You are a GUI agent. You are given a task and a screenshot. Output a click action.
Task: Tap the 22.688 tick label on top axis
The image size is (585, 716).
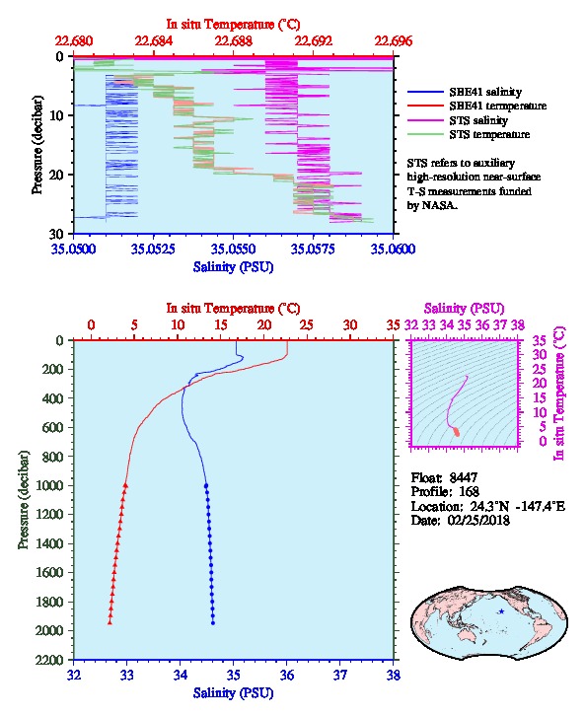click(234, 41)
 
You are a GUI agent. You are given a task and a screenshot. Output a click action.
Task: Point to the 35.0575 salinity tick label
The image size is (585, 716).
click(313, 249)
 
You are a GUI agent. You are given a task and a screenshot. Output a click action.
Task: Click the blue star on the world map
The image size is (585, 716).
click(501, 611)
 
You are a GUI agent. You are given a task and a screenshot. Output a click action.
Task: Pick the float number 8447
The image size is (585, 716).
click(464, 477)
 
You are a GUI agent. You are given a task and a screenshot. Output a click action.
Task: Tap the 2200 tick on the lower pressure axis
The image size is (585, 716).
click(50, 660)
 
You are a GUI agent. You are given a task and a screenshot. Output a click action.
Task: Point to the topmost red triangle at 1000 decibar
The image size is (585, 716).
click(125, 485)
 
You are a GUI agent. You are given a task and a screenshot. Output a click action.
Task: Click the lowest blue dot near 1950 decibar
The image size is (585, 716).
click(213, 623)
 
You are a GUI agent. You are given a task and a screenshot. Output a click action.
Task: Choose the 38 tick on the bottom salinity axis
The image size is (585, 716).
click(394, 675)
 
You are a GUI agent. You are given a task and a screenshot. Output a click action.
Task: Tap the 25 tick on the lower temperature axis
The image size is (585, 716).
click(307, 324)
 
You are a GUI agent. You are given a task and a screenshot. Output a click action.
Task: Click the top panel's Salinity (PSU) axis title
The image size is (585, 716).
click(234, 266)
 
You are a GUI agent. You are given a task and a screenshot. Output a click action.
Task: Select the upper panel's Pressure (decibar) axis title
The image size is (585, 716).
click(37, 145)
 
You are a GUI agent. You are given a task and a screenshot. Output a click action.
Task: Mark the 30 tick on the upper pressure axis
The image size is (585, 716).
click(55, 234)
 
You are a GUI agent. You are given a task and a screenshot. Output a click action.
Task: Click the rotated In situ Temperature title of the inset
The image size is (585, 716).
click(559, 394)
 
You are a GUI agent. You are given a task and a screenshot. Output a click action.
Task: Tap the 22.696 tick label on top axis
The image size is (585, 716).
click(394, 41)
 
